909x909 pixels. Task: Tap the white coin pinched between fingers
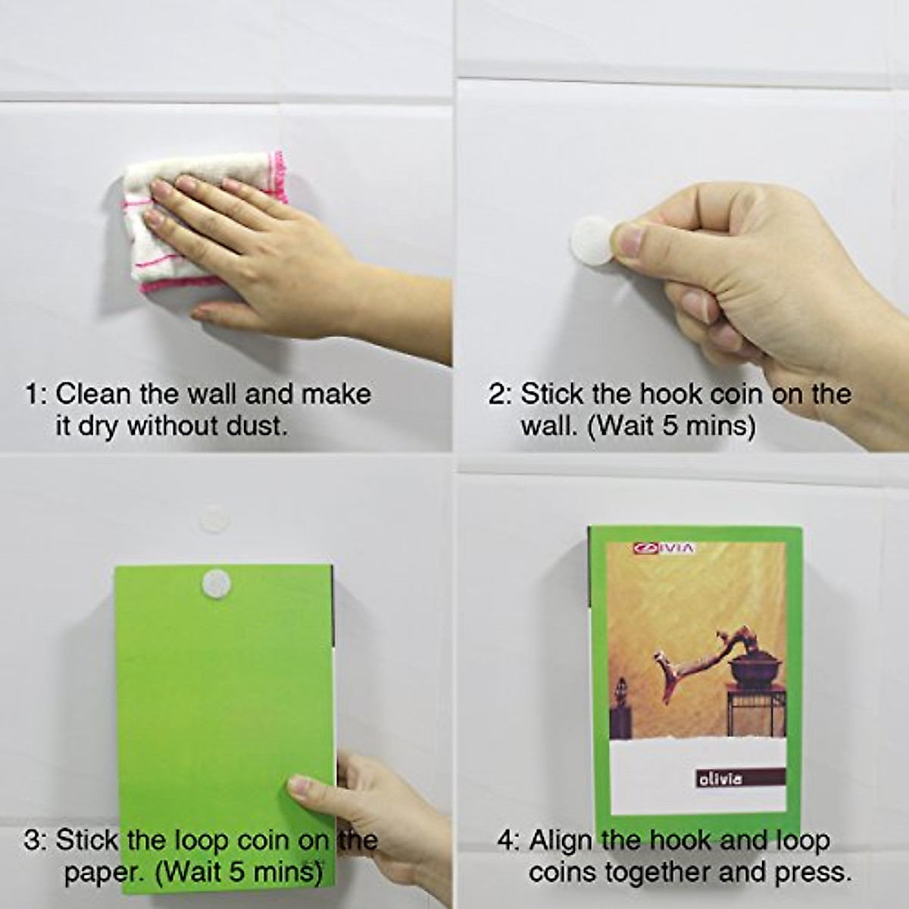tap(593, 241)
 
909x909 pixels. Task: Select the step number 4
tap(508, 840)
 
